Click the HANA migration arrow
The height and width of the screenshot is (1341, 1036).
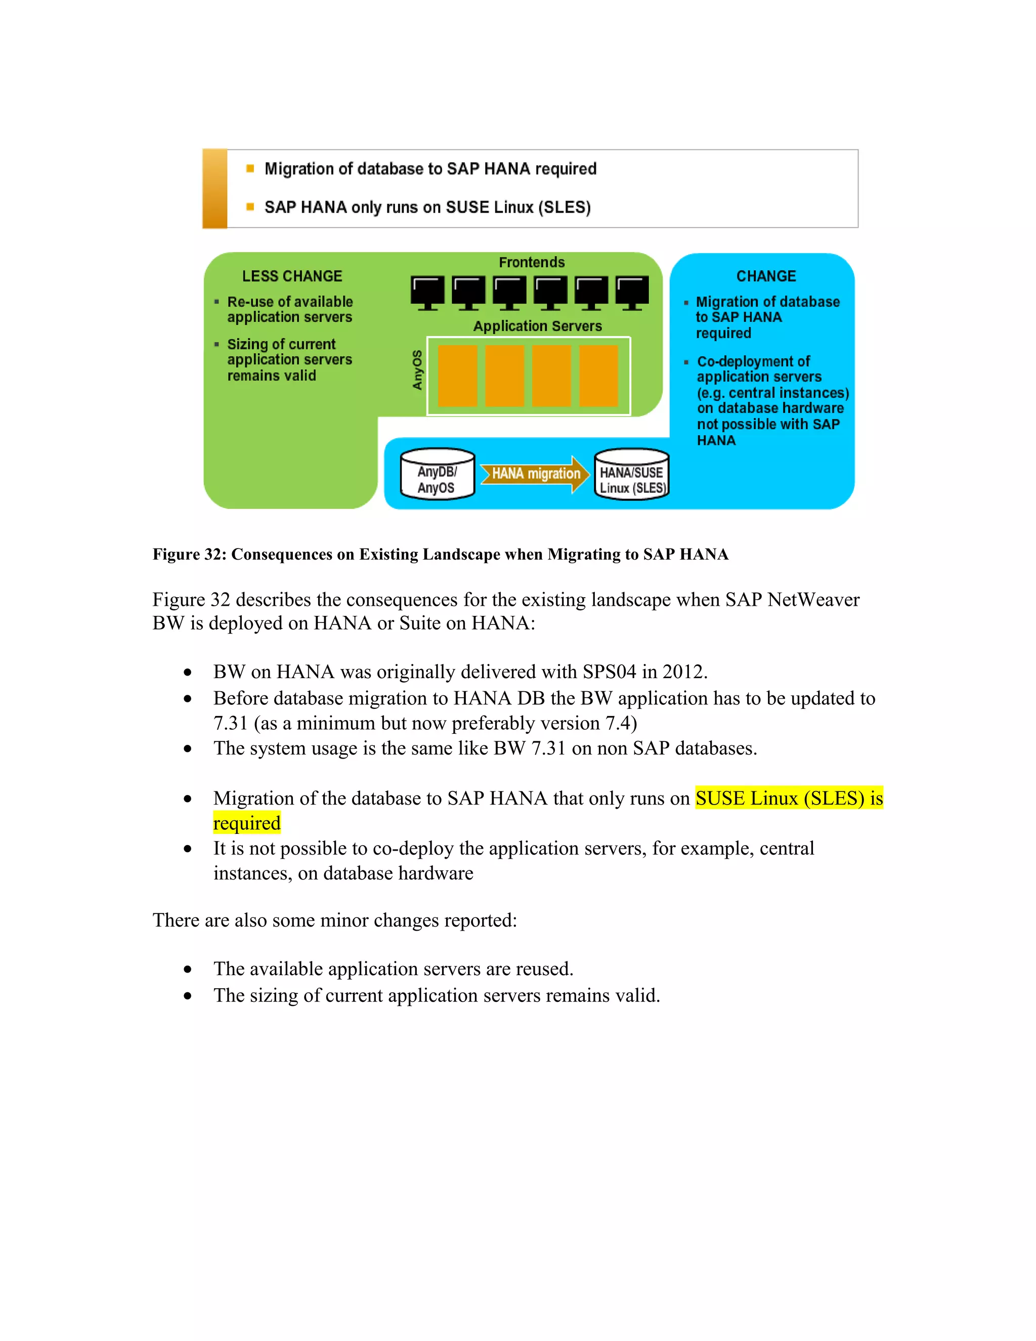(x=535, y=474)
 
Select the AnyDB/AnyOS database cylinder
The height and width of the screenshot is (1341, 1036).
(x=437, y=474)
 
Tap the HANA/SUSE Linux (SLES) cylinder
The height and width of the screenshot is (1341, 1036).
(x=631, y=474)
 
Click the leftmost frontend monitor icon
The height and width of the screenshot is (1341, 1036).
(x=427, y=292)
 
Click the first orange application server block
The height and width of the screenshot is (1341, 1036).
(x=457, y=375)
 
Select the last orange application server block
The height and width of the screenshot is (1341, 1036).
(x=598, y=375)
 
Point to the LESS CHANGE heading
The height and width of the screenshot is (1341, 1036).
(x=292, y=276)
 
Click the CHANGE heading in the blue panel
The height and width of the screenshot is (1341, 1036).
(x=766, y=276)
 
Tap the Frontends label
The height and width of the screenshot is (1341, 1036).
(x=532, y=262)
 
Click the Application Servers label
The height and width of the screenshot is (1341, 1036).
(x=537, y=326)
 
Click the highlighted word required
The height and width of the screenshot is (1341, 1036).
(x=247, y=823)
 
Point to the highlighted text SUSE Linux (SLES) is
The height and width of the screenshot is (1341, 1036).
(x=789, y=798)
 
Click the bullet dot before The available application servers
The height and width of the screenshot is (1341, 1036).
(x=188, y=970)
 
